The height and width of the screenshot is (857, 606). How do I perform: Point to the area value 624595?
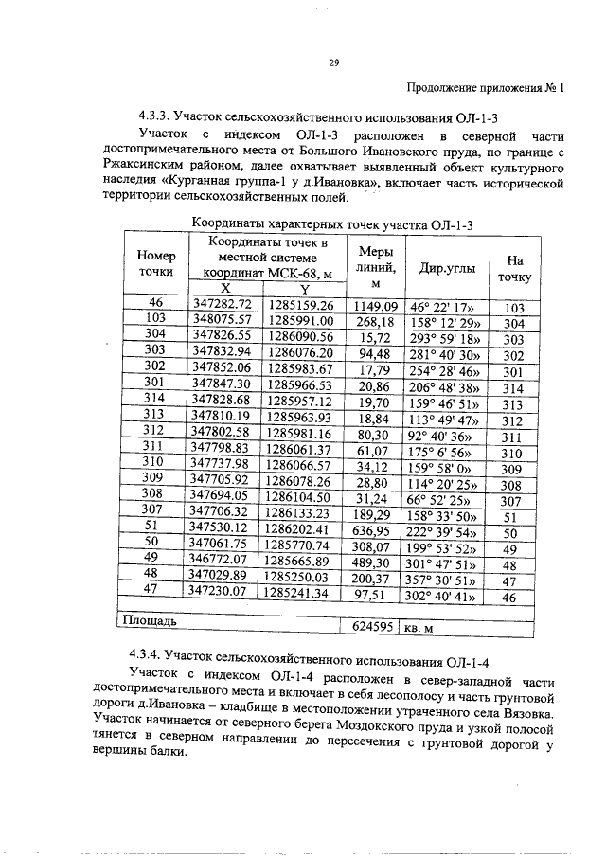369,625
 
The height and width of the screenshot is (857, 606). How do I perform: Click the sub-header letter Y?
304,289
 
